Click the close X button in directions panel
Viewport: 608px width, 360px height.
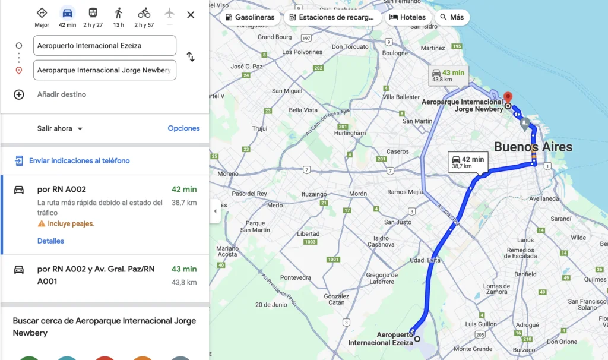pos(191,15)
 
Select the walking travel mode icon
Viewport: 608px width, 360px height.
pos(119,13)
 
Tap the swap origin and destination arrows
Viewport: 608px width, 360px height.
pos(191,57)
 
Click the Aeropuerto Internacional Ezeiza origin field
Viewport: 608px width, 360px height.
pos(104,45)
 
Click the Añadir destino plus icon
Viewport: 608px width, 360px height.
pos(19,94)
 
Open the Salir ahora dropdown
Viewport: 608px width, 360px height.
pos(60,128)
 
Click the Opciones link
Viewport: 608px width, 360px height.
pos(183,128)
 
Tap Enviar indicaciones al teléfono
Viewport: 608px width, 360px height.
pos(79,160)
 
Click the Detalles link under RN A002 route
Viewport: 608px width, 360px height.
pos(50,241)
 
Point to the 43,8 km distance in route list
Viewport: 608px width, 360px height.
pos(184,282)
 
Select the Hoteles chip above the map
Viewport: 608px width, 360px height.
pos(407,17)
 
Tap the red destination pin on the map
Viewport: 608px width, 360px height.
pos(508,97)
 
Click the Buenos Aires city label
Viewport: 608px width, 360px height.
pos(533,147)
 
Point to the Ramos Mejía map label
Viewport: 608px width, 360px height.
pos(405,192)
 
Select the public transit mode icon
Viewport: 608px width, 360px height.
pos(93,13)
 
